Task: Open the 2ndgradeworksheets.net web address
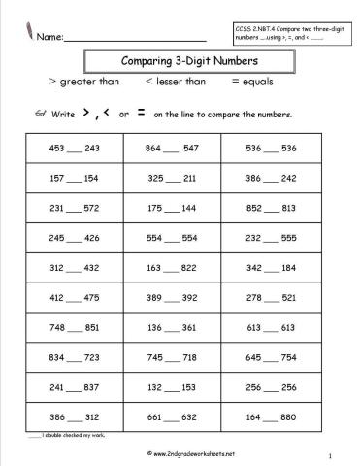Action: [190, 453]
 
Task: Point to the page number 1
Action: [331, 453]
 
